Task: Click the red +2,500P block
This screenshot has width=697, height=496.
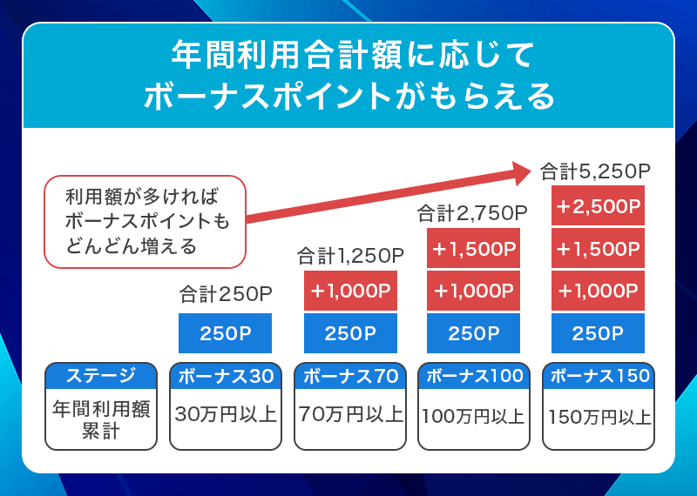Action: pos(598,207)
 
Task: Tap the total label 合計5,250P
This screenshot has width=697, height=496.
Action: pos(596,171)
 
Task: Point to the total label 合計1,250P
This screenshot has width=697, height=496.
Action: pos(350,255)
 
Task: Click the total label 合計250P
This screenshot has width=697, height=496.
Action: pos(226,294)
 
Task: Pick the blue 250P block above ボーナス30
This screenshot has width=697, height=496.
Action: pos(226,333)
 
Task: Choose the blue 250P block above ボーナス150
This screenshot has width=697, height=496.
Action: pos(598,333)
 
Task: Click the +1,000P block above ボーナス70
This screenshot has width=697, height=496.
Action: pos(350,291)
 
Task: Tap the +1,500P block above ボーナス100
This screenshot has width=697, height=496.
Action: pos(473,249)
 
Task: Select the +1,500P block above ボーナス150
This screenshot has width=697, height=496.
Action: pos(598,249)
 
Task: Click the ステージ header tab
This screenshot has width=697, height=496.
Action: pos(101,376)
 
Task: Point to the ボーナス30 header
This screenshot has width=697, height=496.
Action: pos(226,376)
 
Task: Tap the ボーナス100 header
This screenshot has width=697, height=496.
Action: pos(474,376)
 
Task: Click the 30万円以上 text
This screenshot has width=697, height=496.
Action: pos(226,414)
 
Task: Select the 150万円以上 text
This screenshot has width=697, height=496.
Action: pos(599,417)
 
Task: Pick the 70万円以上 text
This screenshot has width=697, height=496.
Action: pos(350,414)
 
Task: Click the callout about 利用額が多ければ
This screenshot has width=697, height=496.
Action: pos(145,221)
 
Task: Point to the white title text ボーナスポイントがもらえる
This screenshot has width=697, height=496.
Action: pos(348,96)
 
